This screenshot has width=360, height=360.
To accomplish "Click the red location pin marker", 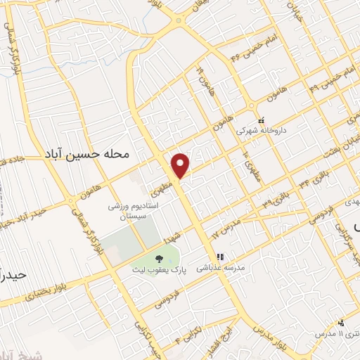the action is tap(181, 165).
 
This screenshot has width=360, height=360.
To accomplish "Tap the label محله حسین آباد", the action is tap(87, 152).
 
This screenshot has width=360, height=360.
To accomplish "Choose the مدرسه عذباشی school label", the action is tap(219, 267).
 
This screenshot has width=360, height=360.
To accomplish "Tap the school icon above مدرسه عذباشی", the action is tap(219, 257).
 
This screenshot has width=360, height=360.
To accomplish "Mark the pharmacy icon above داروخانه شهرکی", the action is tap(262, 120).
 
